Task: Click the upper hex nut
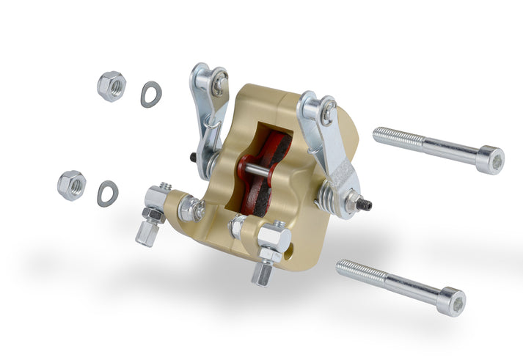[111, 86]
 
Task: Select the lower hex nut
[71, 184]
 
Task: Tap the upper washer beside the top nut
[151, 95]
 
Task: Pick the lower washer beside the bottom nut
[108, 193]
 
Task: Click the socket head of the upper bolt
[490, 159]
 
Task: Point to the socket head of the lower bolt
[450, 301]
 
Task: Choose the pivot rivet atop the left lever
[219, 84]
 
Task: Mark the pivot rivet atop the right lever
[326, 112]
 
